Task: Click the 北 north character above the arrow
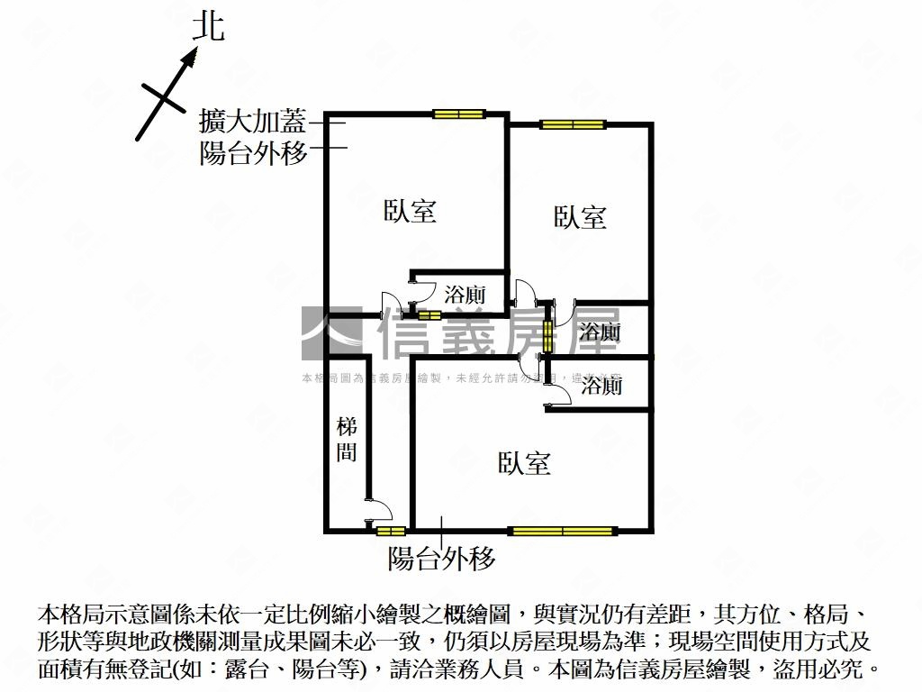209,26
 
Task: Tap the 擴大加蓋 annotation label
253,121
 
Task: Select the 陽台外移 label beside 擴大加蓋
253,151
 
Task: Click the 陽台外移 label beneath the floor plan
441,559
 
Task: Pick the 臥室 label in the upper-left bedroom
411,212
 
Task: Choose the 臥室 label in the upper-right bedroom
580,217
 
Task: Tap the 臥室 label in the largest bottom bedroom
524,464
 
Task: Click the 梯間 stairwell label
347,439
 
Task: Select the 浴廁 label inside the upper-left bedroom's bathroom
466,294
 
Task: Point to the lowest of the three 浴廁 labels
601,387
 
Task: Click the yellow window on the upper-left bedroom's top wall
458,114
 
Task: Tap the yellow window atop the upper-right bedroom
572,124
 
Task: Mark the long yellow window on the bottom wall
563,530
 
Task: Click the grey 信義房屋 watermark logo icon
331,332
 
